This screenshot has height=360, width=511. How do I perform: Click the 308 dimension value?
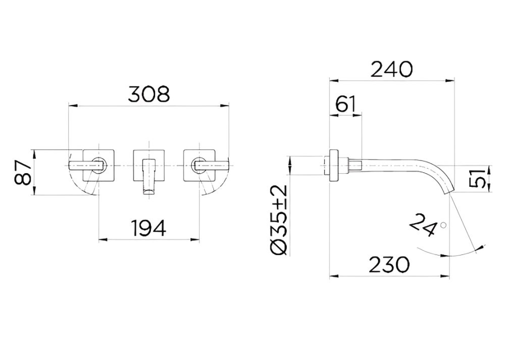pos(149,94)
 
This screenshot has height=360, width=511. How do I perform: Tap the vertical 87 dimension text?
pos(23,172)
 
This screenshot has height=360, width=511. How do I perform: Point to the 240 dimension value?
pos(392,69)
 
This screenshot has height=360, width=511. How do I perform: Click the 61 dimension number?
pos(345,104)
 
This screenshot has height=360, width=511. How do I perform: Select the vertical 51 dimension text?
pos(477,179)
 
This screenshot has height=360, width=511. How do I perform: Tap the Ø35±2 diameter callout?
pos(279,220)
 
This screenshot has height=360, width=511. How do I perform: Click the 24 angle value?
pos(424,225)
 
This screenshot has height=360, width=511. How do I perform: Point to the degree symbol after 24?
pos(443,225)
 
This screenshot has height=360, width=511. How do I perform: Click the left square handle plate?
pos(99,165)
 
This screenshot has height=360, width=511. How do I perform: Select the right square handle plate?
pos(199,165)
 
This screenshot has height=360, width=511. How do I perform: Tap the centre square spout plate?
pos(148,165)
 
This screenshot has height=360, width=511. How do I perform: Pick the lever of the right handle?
pos(212,166)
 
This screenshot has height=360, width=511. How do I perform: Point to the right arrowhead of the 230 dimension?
pos(446,277)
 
